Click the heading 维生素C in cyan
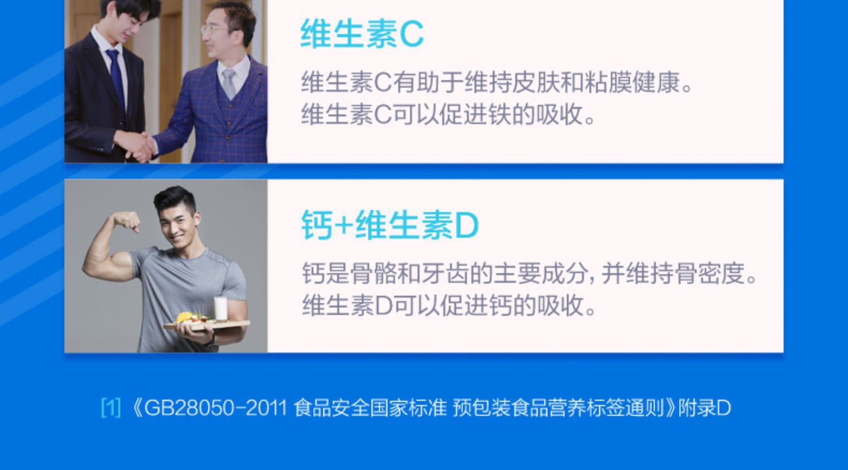pyautogui.click(x=362, y=34)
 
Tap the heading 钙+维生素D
pyautogui.click(x=390, y=225)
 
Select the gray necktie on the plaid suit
pyautogui.click(x=228, y=83)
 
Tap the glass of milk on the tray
pyautogui.click(x=220, y=308)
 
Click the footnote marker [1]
pyautogui.click(x=111, y=408)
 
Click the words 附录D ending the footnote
pyautogui.click(x=704, y=408)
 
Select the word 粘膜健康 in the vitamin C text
pyautogui.click(x=632, y=82)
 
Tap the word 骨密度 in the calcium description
pyautogui.click(x=710, y=273)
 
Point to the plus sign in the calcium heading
pyautogui.click(x=343, y=226)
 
